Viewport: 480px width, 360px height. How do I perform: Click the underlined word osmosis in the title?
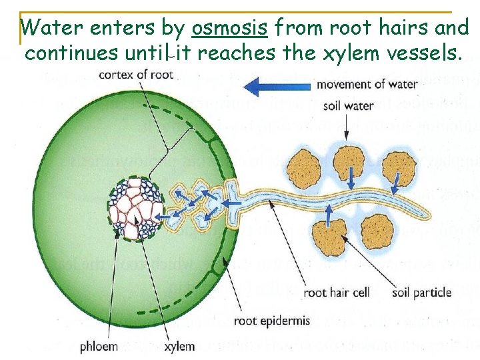[229, 29]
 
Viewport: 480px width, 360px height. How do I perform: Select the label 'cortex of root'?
[136, 74]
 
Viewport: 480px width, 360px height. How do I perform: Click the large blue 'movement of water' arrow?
[277, 86]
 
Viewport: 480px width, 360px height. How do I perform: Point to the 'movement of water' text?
[367, 84]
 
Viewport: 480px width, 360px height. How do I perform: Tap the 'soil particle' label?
[422, 292]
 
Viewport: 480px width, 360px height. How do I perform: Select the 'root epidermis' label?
[272, 321]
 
